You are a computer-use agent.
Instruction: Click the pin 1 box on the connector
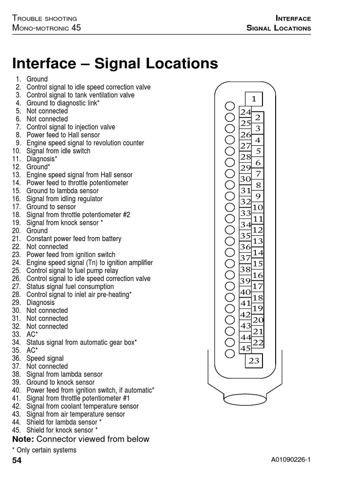pyautogui.click(x=254, y=99)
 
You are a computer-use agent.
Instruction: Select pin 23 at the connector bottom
pyautogui.click(x=254, y=360)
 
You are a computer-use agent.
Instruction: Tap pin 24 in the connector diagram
pyautogui.click(x=246, y=112)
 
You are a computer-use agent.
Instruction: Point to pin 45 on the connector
pyautogui.click(x=246, y=349)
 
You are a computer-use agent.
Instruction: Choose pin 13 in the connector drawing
pyautogui.click(x=258, y=241)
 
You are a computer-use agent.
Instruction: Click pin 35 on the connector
pyautogui.click(x=246, y=236)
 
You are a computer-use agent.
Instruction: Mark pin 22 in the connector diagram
pyautogui.click(x=258, y=343)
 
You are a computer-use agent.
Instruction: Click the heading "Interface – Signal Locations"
pyautogui.click(x=115, y=63)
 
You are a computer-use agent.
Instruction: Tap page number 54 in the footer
pyautogui.click(x=17, y=461)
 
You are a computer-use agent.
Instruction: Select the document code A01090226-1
pyautogui.click(x=291, y=461)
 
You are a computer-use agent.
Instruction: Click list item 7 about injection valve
pyautogui.click(x=70, y=127)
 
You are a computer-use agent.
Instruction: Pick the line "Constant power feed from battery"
pyautogui.click(x=74, y=239)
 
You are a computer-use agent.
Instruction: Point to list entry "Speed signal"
pyautogui.click(x=45, y=359)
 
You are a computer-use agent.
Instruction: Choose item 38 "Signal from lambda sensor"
pyautogui.click(x=64, y=375)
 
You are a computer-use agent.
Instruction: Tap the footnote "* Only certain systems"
pyautogui.click(x=44, y=450)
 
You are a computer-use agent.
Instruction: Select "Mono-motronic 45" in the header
pyautogui.click(x=46, y=28)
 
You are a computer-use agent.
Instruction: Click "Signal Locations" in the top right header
pyautogui.click(x=278, y=28)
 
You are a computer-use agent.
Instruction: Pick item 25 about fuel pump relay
pyautogui.click(x=72, y=270)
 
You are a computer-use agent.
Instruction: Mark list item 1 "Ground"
pyautogui.click(x=37, y=79)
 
